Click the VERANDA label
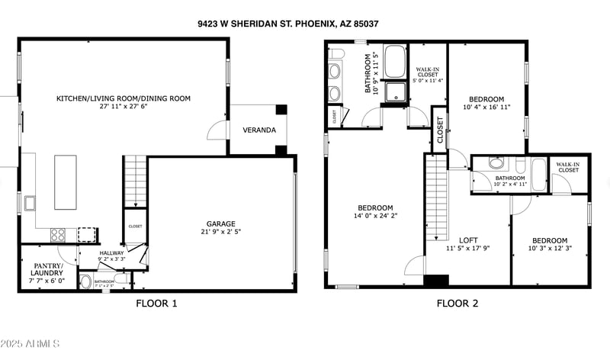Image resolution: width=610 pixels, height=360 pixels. click(259, 130)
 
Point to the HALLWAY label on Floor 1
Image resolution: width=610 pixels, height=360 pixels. click(111, 252)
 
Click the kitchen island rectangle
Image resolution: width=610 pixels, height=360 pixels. click(66, 182)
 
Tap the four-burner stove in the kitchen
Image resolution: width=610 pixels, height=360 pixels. click(58, 235)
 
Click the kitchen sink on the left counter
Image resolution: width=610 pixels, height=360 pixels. click(30, 204)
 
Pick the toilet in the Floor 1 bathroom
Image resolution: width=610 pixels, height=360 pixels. click(85, 282)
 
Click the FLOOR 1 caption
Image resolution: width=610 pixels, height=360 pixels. click(156, 304)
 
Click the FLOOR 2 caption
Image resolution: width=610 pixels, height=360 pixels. click(457, 304)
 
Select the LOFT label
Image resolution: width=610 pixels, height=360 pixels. click(467, 239)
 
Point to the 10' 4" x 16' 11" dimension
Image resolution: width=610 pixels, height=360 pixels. click(486, 108)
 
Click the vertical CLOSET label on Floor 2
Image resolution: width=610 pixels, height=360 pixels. click(439, 130)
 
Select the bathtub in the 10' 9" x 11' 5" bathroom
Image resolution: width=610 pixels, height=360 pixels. click(394, 63)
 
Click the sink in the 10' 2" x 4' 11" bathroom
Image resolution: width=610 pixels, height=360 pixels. click(496, 163)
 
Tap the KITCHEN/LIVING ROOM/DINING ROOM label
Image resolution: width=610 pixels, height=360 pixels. click(123, 98)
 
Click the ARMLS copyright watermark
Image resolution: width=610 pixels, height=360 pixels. click(30, 345)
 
